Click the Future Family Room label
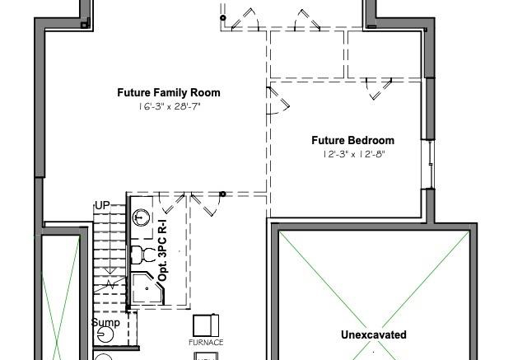[x=169, y=92]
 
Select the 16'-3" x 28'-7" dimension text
[x=169, y=106]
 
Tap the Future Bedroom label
[x=352, y=140]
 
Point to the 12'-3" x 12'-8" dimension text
[x=353, y=154]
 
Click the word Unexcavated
[x=374, y=334]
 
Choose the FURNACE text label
[x=206, y=343]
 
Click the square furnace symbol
[x=206, y=325]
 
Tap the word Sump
[x=105, y=323]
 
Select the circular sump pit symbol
[x=105, y=334]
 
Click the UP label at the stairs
[x=102, y=205]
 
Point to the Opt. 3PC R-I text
[x=162, y=250]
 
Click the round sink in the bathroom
[x=141, y=217]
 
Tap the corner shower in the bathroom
[x=147, y=288]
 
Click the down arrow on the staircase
[x=110, y=242]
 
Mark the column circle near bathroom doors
[x=222, y=194]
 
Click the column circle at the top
[x=223, y=17]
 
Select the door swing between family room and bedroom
[x=278, y=101]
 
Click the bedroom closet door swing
[x=379, y=88]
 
